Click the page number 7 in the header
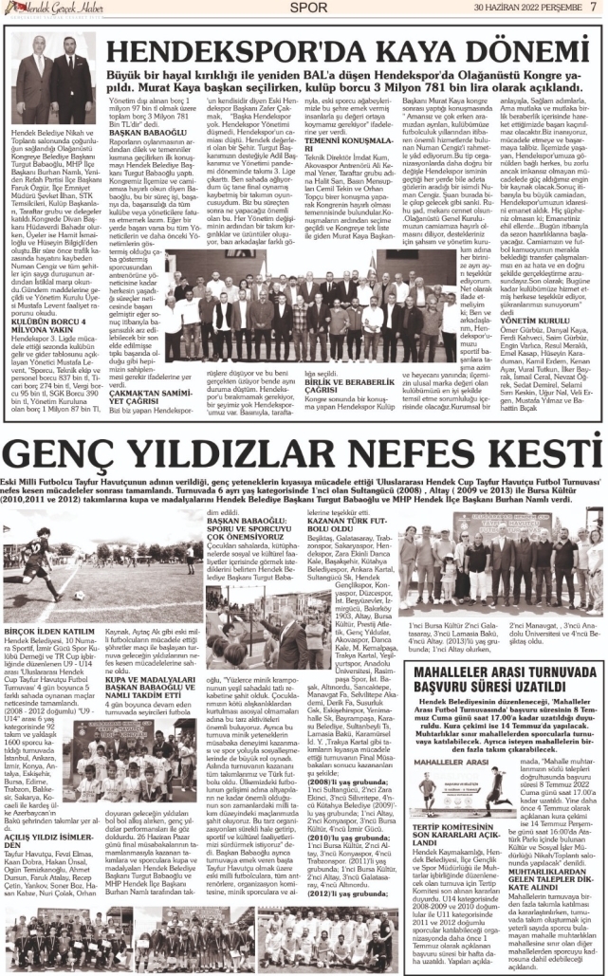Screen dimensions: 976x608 (x=594, y=8)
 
